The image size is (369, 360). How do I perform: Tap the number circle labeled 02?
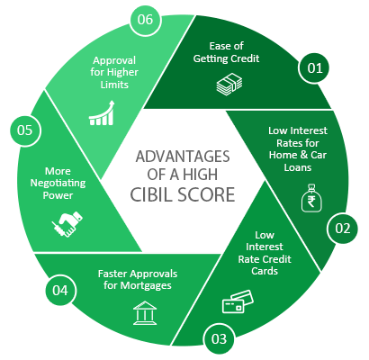(342, 229)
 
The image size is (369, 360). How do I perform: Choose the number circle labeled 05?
(23, 129)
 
